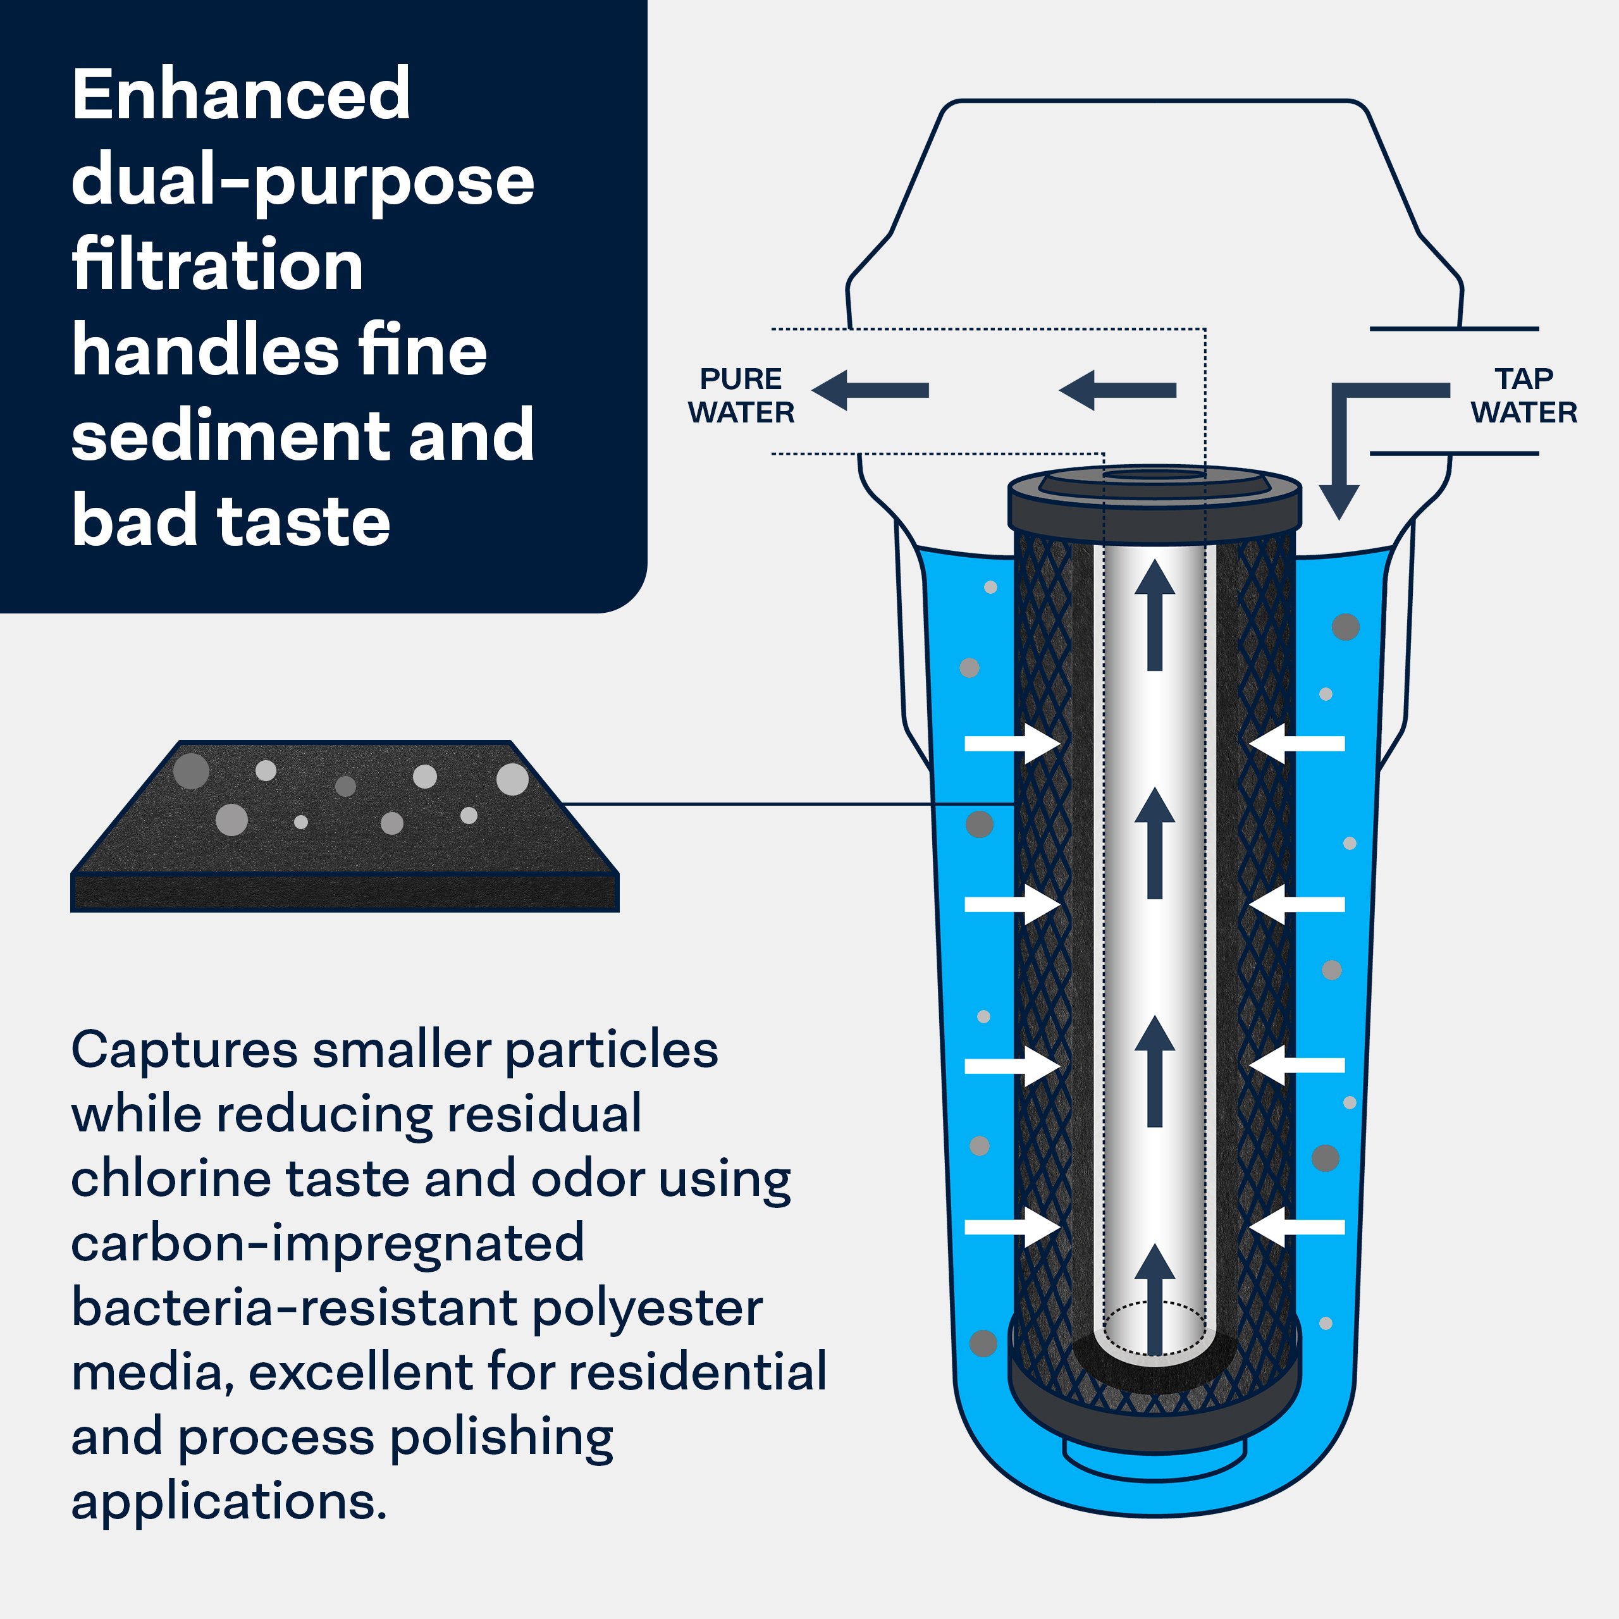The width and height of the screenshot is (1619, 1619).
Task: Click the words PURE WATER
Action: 741,395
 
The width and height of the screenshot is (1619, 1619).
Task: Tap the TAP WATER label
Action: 1524,395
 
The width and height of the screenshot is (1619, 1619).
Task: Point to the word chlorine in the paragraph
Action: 170,1178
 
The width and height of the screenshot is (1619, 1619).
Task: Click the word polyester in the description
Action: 647,1307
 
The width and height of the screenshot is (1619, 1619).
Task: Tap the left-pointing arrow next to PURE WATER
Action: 870,390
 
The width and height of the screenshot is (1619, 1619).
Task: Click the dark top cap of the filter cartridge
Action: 1154,507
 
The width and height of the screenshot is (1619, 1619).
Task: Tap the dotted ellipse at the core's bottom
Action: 1155,1328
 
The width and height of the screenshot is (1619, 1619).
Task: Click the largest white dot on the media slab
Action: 512,779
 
